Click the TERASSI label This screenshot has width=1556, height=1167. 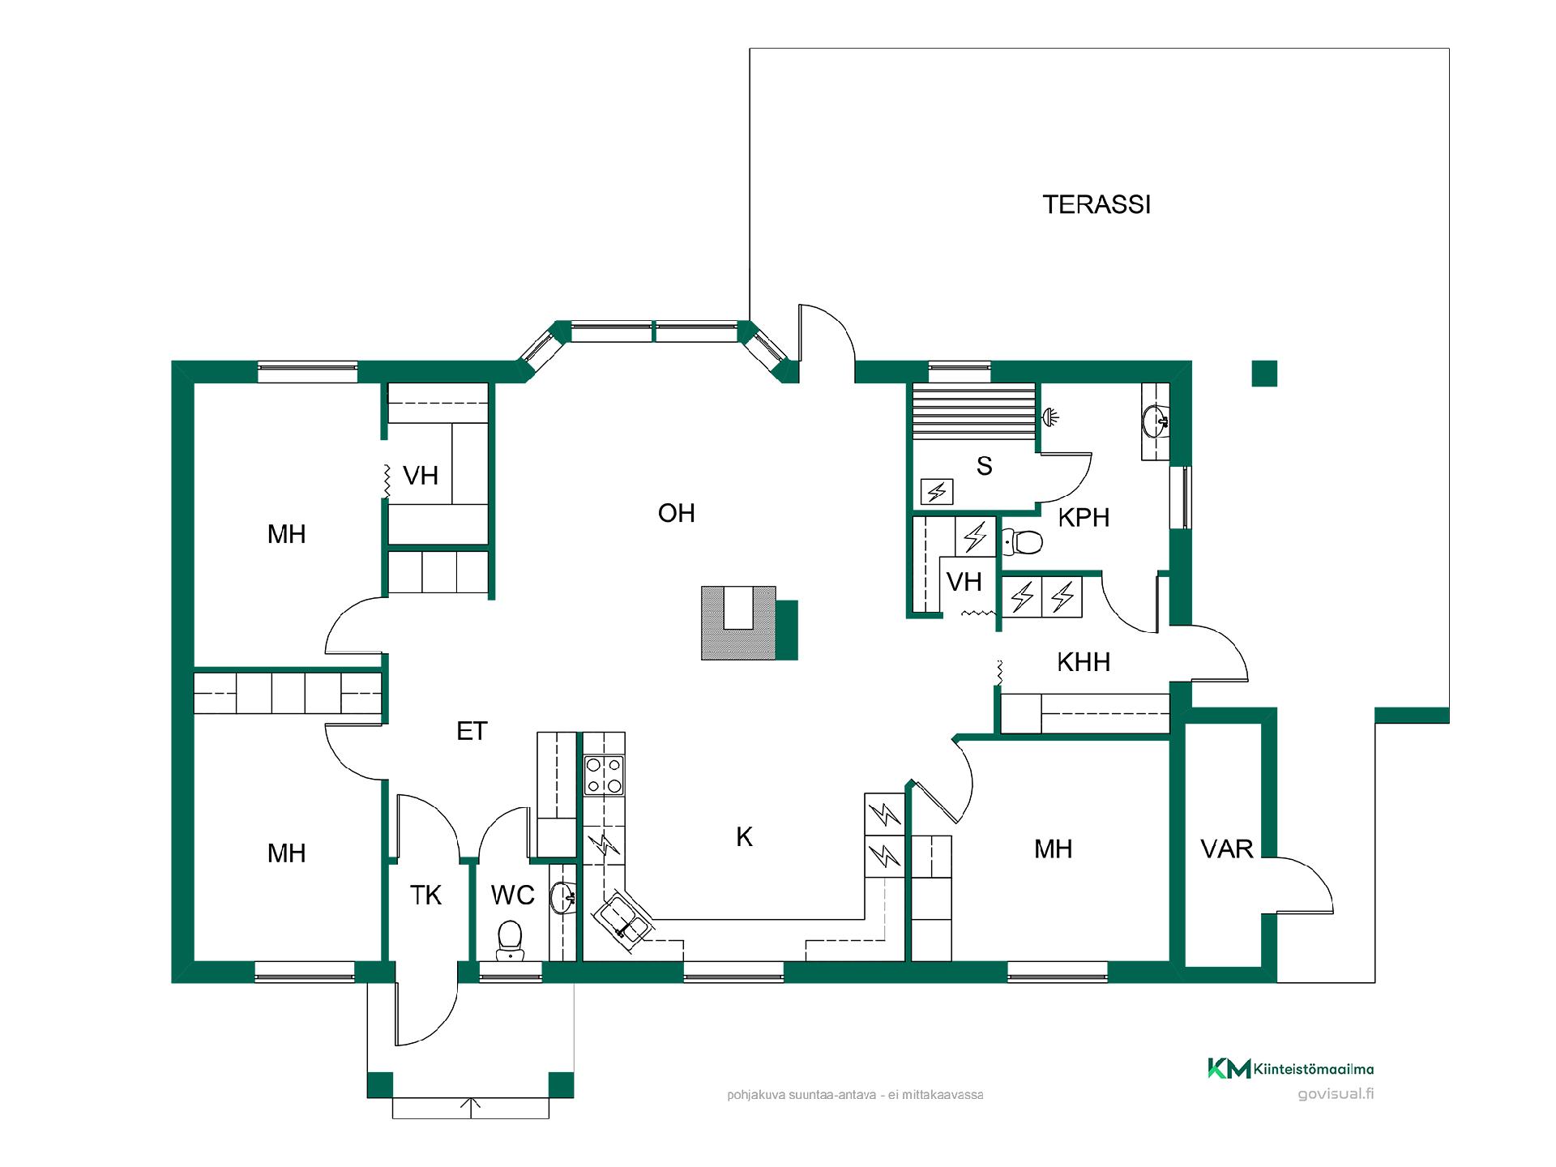pyautogui.click(x=1096, y=205)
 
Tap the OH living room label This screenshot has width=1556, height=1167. pyautogui.click(x=677, y=513)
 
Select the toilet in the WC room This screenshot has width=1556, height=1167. pyautogui.click(x=510, y=940)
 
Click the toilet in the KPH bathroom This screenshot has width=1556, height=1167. pyautogui.click(x=1023, y=541)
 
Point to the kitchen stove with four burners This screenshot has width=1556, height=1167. pyautogui.click(x=605, y=775)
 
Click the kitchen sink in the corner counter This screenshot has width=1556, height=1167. pyautogui.click(x=625, y=919)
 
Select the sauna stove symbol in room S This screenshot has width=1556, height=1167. pyautogui.click(x=938, y=491)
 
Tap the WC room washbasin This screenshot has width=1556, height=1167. pyautogui.click(x=562, y=897)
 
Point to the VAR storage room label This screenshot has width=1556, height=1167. pyautogui.click(x=1227, y=849)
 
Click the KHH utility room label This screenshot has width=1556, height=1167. pyautogui.click(x=1084, y=662)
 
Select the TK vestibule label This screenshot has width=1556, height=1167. pyautogui.click(x=425, y=896)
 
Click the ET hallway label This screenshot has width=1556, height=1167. pyautogui.click(x=472, y=731)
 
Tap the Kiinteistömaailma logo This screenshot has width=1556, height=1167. pyautogui.click(x=1290, y=1069)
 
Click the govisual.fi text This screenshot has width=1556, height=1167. pyautogui.click(x=1336, y=1094)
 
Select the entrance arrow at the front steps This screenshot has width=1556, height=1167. pyautogui.click(x=471, y=1108)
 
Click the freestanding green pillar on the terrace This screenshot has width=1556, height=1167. pyautogui.click(x=1264, y=374)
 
